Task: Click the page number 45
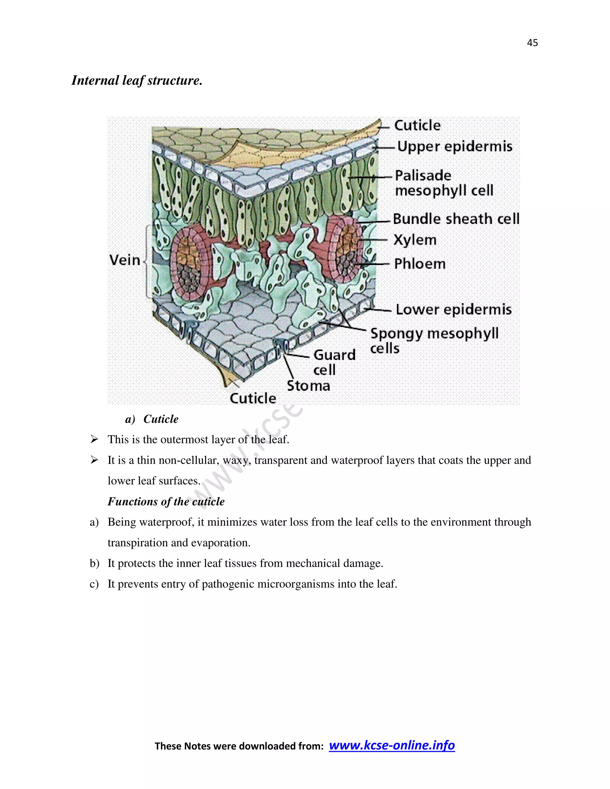coord(532,43)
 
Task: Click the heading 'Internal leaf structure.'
coord(137,80)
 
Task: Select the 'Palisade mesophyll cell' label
coord(444,183)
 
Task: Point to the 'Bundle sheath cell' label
coord(456,219)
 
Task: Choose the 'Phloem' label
coord(420,264)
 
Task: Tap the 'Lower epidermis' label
coord(454,310)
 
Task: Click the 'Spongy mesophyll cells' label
coord(434,340)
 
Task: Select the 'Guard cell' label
coord(334,362)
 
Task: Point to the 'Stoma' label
coord(308,386)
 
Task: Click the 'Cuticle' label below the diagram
coord(253,398)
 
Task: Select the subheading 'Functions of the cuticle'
coord(166,501)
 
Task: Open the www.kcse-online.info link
coord(392,745)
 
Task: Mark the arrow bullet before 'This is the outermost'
coord(94,439)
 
